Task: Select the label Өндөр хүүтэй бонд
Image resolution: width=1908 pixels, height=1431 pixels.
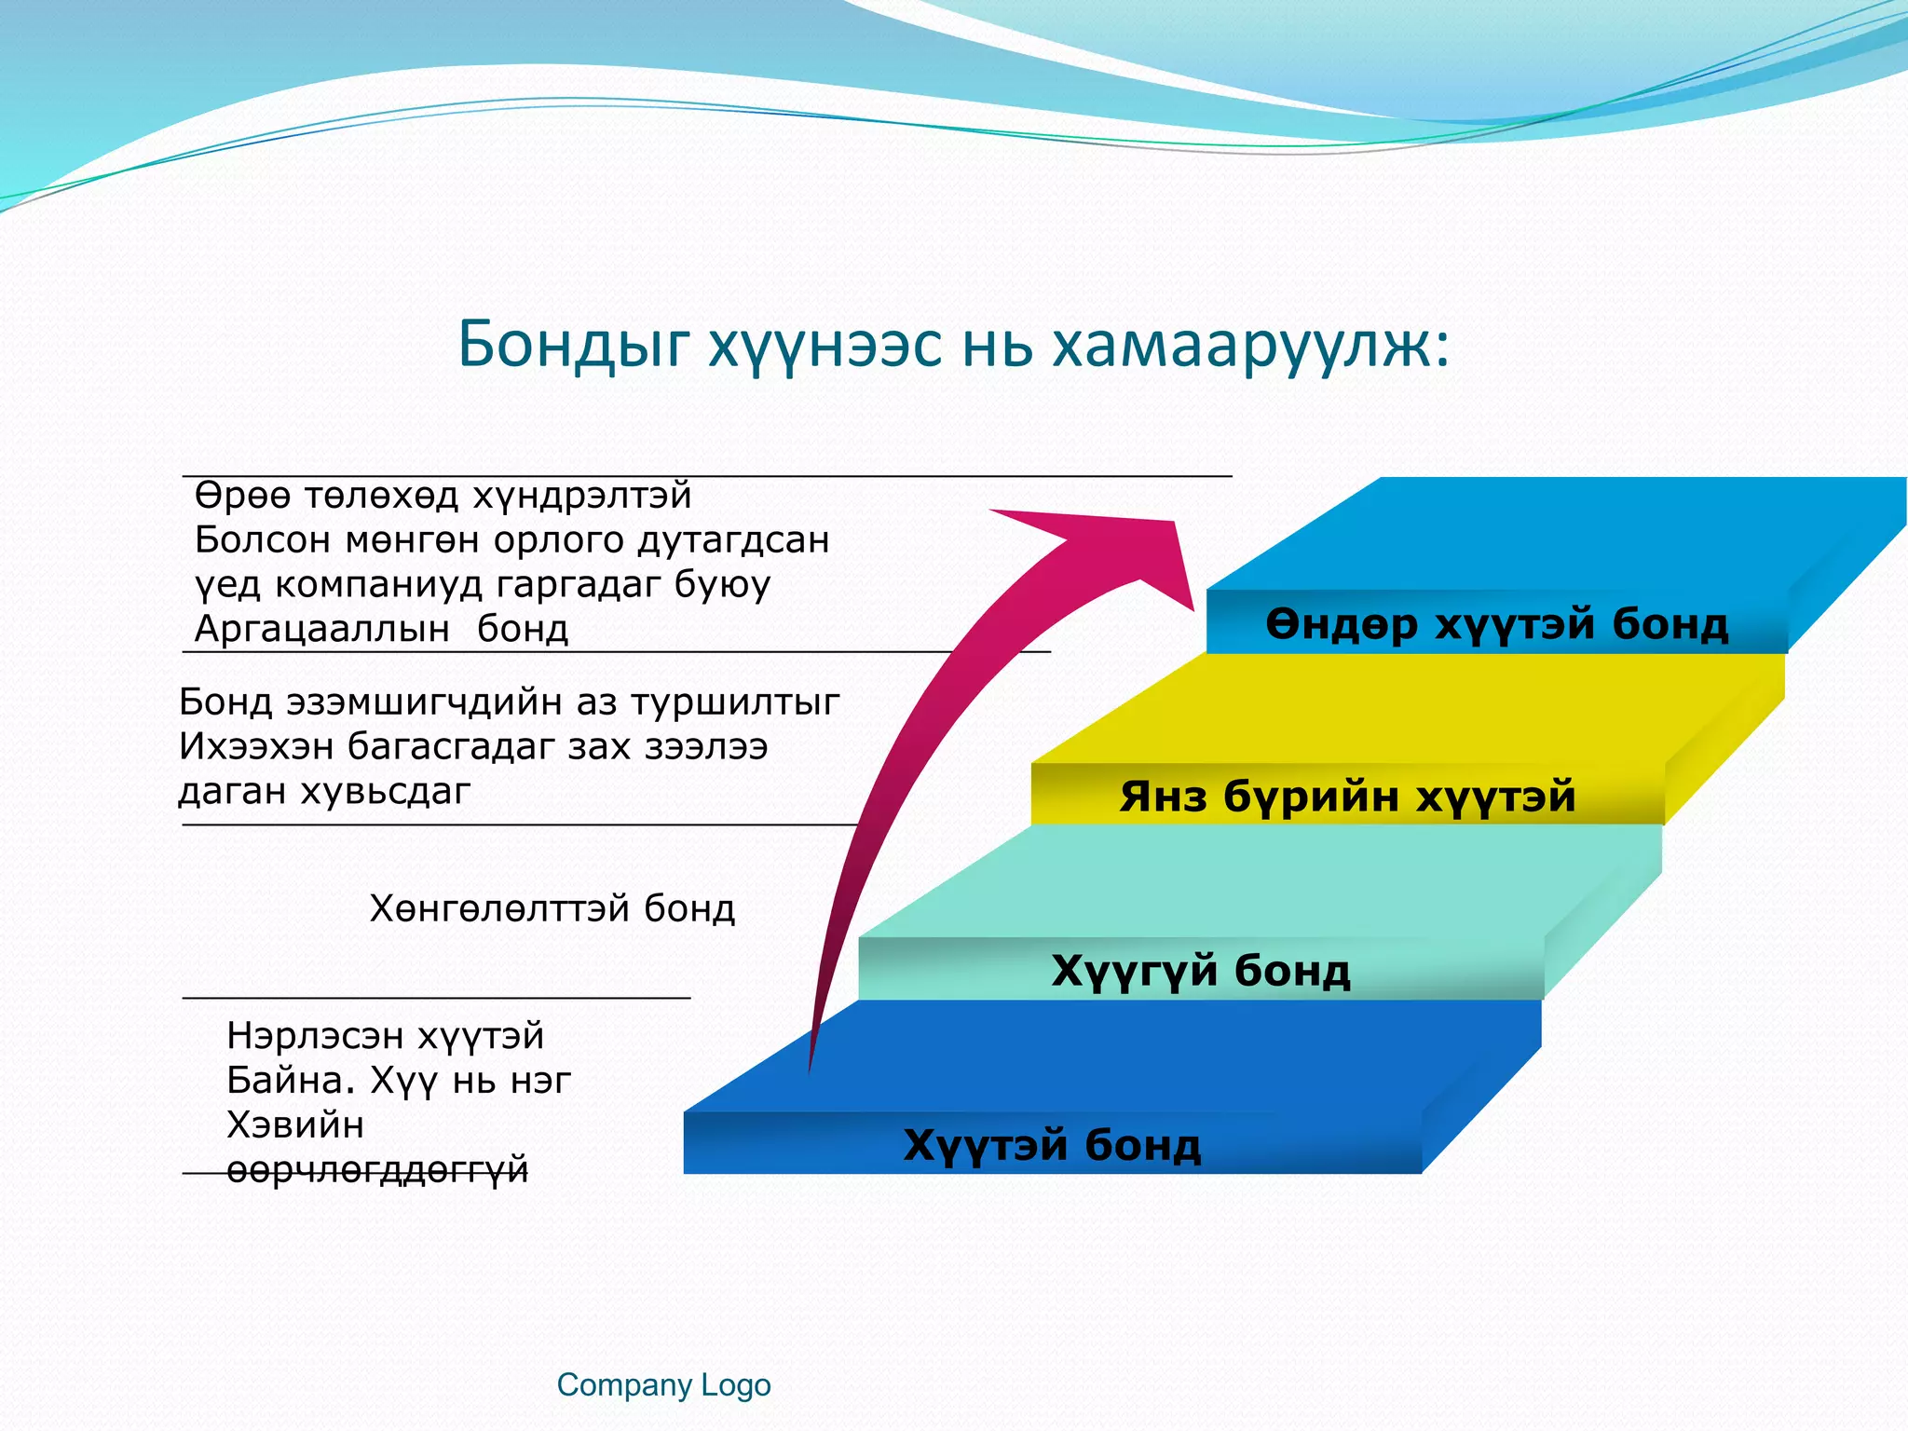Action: [x=1496, y=623]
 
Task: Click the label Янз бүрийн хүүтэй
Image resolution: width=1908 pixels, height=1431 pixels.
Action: [x=1347, y=797]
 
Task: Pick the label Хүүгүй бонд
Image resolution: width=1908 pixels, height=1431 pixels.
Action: [x=1200, y=971]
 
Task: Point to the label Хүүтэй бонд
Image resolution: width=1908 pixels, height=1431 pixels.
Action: [x=1052, y=1145]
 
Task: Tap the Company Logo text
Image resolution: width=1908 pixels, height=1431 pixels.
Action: [x=663, y=1385]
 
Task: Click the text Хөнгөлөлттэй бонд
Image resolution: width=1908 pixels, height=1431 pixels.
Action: [x=552, y=908]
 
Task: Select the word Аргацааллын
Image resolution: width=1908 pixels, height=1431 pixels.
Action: [x=322, y=630]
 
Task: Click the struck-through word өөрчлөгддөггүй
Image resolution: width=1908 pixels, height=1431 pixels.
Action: [x=377, y=1170]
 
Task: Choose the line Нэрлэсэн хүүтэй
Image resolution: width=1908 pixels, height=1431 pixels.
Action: [x=386, y=1036]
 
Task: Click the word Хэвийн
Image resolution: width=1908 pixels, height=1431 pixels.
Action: [x=295, y=1125]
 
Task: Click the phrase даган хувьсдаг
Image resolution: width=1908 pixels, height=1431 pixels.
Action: [x=324, y=791]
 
